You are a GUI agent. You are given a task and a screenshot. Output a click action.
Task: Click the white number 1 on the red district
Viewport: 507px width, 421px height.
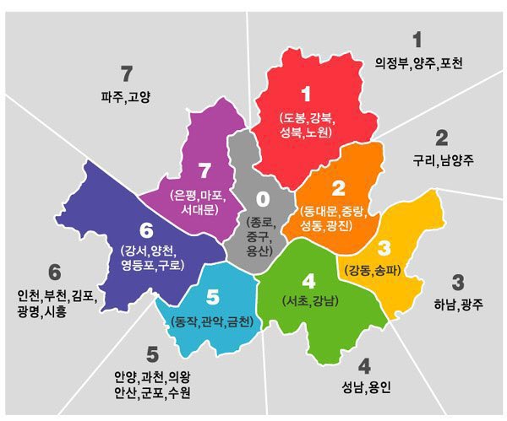click(306, 94)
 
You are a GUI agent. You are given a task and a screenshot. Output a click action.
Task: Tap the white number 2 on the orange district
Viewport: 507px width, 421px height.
click(338, 188)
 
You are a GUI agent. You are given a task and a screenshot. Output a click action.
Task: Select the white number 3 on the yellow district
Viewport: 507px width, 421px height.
click(384, 248)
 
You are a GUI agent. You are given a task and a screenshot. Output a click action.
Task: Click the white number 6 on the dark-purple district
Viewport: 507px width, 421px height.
click(146, 229)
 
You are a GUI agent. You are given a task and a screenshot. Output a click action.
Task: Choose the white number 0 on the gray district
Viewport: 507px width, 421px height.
click(262, 199)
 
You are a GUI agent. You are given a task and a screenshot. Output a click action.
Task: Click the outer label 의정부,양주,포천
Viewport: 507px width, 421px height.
click(418, 63)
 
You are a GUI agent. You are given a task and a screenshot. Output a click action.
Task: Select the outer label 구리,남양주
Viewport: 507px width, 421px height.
click(441, 160)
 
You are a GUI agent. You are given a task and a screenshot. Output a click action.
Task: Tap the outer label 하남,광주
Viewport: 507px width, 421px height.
click(457, 305)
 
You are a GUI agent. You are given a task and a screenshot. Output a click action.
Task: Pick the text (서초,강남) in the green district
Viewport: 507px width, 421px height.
click(308, 301)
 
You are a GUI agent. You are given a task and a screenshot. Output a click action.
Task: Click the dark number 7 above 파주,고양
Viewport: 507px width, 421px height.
click(127, 73)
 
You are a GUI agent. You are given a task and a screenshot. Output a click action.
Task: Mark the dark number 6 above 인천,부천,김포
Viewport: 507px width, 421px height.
click(55, 273)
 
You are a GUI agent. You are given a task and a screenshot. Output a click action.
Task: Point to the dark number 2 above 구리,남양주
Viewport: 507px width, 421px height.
click(441, 137)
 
